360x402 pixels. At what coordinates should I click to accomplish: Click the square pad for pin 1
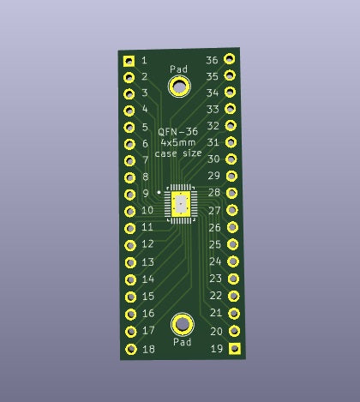(129, 61)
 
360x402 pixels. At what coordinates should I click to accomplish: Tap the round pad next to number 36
(229, 59)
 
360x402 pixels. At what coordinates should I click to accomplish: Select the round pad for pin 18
(131, 350)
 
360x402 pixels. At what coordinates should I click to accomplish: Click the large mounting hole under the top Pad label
(179, 86)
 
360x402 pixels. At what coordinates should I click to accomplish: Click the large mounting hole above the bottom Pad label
(183, 324)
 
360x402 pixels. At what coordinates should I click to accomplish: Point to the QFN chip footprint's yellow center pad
(181, 204)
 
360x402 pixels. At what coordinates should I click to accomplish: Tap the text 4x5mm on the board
(177, 142)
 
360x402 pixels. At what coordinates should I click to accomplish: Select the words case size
(178, 153)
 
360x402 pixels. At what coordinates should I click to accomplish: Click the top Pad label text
(178, 69)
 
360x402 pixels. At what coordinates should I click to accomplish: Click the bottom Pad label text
(183, 342)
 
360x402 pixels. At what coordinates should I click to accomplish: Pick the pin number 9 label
(146, 194)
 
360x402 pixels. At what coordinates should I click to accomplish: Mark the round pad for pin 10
(129, 211)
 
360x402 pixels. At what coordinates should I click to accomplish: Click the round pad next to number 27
(231, 210)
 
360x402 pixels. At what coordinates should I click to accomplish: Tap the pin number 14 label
(147, 279)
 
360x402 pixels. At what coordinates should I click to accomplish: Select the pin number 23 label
(215, 279)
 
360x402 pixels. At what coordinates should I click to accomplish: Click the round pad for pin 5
(129, 127)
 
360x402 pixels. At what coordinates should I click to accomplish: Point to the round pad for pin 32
(230, 126)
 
